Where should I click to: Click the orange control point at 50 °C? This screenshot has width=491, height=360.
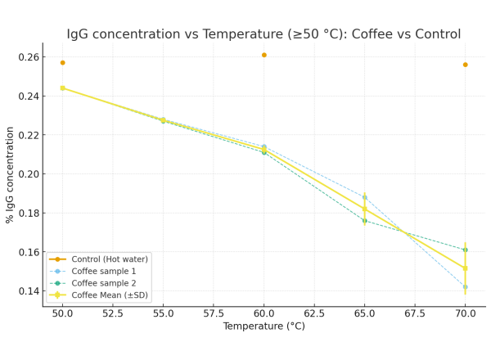pos(62,62)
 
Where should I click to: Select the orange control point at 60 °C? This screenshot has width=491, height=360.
pos(264,55)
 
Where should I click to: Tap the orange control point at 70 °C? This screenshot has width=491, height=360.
pos(465,65)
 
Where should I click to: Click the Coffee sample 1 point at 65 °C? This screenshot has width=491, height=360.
pos(364,197)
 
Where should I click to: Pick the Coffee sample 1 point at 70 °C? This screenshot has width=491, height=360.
pos(465,287)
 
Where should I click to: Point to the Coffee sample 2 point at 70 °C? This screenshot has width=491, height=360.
pos(465,250)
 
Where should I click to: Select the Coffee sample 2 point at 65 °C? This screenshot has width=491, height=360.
pos(364,221)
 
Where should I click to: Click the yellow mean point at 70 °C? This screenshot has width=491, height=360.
pos(465,268)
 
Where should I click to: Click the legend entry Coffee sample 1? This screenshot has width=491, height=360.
pos(103,271)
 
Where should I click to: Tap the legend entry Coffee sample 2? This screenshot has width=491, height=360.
pos(103,283)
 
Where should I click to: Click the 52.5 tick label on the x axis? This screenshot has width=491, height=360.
pos(113,314)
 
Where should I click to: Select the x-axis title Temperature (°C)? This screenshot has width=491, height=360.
pos(264,326)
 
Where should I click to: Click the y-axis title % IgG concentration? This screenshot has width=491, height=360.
pos(11,174)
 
